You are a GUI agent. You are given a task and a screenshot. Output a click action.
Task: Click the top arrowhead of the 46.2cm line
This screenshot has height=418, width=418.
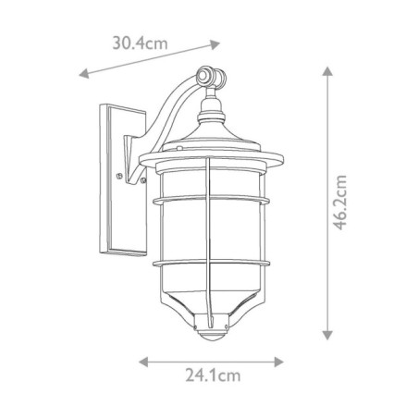[326, 70]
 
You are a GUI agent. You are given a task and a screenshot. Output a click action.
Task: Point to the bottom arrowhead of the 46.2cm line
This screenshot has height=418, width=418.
[326, 337]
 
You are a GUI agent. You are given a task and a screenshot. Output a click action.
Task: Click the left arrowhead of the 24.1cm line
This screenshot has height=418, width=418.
[141, 360]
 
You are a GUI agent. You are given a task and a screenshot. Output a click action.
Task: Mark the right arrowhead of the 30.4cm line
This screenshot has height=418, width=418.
[218, 42]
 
